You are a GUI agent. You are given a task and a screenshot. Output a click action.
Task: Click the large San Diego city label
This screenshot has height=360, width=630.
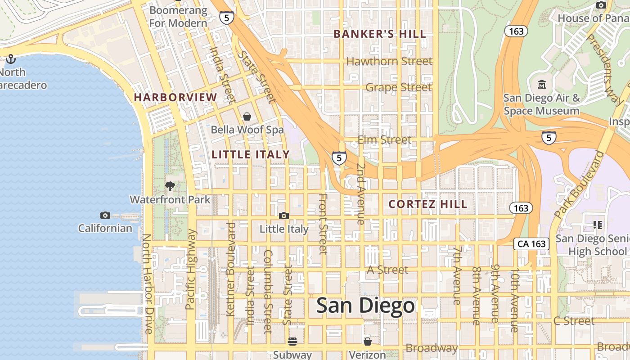pyautogui.click(x=365, y=306)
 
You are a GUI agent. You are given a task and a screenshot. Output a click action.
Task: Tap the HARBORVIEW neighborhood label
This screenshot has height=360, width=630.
pyautogui.click(x=175, y=97)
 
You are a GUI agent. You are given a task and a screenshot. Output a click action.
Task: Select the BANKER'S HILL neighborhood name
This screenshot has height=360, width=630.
pyautogui.click(x=380, y=34)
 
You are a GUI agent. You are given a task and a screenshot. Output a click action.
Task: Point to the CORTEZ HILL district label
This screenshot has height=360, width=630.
pyautogui.click(x=428, y=204)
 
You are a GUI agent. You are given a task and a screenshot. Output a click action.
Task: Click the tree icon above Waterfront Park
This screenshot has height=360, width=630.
pyautogui.click(x=170, y=186)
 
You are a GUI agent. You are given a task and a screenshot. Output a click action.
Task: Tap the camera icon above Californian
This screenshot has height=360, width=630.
pyautogui.click(x=105, y=215)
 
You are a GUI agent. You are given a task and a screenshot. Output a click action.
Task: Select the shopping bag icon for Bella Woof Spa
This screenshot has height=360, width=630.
pyautogui.click(x=247, y=117)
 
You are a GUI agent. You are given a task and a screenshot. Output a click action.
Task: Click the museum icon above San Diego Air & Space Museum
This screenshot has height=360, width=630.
pyautogui.click(x=542, y=84)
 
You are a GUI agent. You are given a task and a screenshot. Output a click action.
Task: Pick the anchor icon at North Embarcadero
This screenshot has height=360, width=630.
pyautogui.click(x=10, y=59)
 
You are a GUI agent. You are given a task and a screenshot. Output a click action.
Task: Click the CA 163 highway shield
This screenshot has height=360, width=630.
pyautogui.click(x=531, y=244)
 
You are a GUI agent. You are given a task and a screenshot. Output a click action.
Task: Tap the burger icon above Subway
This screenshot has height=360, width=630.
pyautogui.click(x=292, y=342)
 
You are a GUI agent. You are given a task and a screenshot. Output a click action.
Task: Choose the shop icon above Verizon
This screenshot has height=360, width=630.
pyautogui.click(x=368, y=342)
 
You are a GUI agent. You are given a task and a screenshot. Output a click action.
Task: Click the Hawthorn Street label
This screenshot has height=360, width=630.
pyautogui.click(x=389, y=61)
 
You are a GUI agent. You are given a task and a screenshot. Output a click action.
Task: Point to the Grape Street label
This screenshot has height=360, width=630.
pyautogui.click(x=398, y=87)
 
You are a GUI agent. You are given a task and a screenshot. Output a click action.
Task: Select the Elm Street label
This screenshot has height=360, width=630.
pyautogui.click(x=384, y=140)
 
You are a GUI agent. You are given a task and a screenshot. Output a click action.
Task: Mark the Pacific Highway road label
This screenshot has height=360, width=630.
pyautogui.click(x=191, y=269)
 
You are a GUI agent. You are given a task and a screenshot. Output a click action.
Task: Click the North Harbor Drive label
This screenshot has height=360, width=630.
pyautogui.click(x=148, y=283)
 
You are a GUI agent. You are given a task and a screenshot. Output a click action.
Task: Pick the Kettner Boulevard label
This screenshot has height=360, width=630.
pyautogui.click(x=231, y=269)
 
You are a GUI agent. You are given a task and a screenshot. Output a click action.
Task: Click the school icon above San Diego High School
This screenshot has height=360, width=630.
pyautogui.click(x=598, y=225)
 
